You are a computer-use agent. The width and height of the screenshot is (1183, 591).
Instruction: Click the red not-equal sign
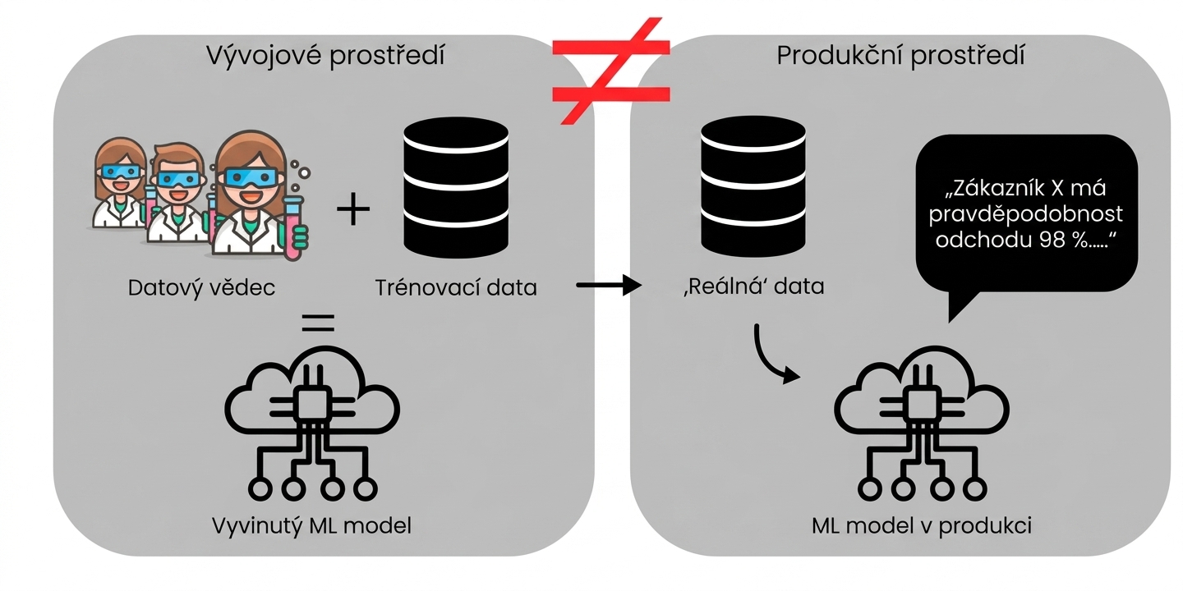point(611,71)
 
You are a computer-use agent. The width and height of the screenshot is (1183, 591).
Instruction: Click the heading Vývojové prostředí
point(325,56)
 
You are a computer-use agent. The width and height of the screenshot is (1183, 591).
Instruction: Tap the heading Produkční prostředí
point(900,56)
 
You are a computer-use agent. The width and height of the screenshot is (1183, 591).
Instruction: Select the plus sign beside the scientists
point(352,209)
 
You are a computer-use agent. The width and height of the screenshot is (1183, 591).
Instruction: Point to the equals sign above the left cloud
point(318,323)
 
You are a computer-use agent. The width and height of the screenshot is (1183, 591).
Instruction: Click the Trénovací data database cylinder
point(456,187)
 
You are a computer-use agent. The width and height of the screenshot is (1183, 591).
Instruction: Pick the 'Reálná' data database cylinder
point(753,186)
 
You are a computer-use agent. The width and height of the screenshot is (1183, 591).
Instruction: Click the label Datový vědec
point(201,288)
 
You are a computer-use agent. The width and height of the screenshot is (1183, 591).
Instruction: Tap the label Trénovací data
point(456,287)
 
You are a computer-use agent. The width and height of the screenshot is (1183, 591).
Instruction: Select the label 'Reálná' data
point(753,286)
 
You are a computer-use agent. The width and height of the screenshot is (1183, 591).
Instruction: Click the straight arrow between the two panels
point(609,286)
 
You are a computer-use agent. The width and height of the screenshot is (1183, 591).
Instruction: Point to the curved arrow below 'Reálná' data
point(766,359)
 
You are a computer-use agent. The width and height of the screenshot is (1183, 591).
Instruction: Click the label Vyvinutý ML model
point(311,526)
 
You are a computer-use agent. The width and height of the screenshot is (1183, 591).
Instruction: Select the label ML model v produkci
point(922,526)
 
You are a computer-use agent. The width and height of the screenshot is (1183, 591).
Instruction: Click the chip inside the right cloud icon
point(922,404)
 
